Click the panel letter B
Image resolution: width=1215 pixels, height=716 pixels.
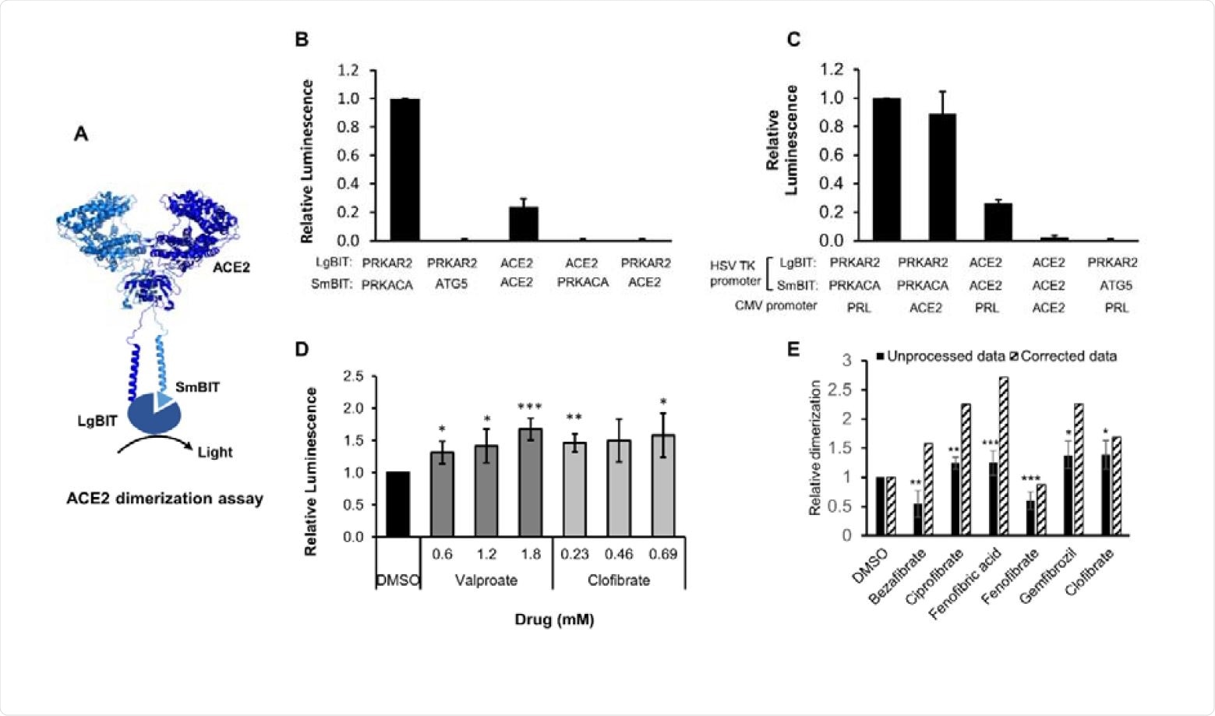(x=302, y=40)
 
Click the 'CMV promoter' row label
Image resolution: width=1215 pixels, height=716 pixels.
(x=775, y=306)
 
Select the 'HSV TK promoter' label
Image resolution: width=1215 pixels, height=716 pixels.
(x=733, y=274)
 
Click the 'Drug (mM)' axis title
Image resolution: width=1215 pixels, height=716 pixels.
(x=554, y=620)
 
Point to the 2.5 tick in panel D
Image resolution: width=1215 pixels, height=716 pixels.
(x=354, y=376)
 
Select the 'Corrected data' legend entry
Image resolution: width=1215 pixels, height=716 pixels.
(x=1068, y=357)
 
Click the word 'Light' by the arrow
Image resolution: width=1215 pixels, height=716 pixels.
(x=214, y=452)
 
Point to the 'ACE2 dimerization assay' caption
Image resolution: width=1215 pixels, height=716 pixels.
(x=164, y=499)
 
